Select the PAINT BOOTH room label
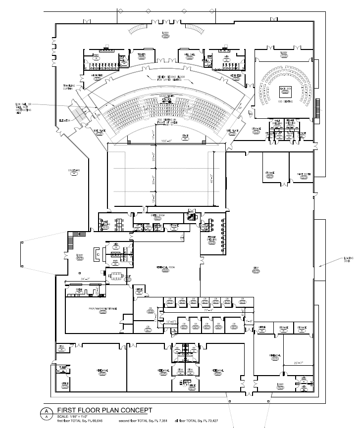pos(304,174)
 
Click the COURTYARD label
pos(74,171)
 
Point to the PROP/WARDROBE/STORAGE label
pos(103,310)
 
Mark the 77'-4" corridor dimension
pos(208,310)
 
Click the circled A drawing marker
pos(46,414)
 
